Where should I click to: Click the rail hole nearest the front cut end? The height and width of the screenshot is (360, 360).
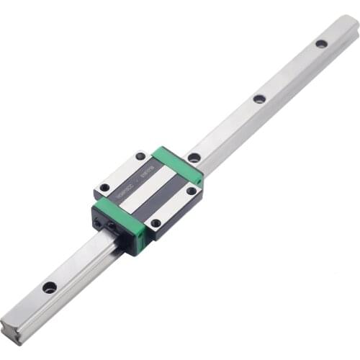coord(49,287)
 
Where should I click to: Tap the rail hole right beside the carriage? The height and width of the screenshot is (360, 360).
coord(194,158)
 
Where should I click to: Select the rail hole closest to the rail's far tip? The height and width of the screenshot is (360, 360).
coord(321,44)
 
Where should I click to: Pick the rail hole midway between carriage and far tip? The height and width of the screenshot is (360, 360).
coord(259,99)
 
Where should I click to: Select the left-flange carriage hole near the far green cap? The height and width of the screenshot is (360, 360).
coord(140,156)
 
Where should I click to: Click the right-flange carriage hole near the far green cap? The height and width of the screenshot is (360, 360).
coord(192,191)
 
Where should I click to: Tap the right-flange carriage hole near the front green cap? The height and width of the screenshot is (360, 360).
coord(156,223)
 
